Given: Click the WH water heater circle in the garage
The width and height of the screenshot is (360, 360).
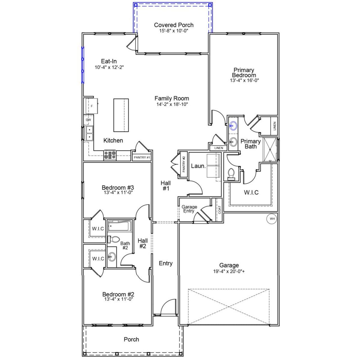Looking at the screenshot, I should (x=272, y=219).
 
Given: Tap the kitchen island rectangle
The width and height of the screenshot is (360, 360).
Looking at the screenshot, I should (x=121, y=115).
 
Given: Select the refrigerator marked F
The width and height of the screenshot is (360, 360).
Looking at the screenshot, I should (x=92, y=106).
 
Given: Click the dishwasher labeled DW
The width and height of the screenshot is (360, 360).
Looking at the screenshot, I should (x=89, y=120).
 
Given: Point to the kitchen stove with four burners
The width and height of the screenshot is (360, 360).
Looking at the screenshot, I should (x=110, y=156).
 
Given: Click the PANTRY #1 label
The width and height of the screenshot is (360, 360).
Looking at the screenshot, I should (x=142, y=157).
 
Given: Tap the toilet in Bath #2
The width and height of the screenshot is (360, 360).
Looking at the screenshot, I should (x=113, y=239).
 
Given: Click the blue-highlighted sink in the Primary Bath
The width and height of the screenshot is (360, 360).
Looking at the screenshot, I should (x=233, y=126).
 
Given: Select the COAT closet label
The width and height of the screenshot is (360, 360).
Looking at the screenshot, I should (x=219, y=210).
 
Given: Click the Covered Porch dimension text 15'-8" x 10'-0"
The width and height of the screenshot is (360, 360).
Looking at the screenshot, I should (x=174, y=30).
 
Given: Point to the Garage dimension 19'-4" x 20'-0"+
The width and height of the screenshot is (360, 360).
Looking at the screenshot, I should (x=229, y=272).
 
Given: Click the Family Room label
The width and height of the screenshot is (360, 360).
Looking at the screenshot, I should (x=172, y=98).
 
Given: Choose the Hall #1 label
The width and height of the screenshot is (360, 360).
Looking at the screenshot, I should (x=166, y=186).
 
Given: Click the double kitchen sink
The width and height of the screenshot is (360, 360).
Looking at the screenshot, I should (x=89, y=133).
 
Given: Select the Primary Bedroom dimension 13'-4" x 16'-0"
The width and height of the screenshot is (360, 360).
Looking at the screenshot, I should (x=244, y=80).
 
